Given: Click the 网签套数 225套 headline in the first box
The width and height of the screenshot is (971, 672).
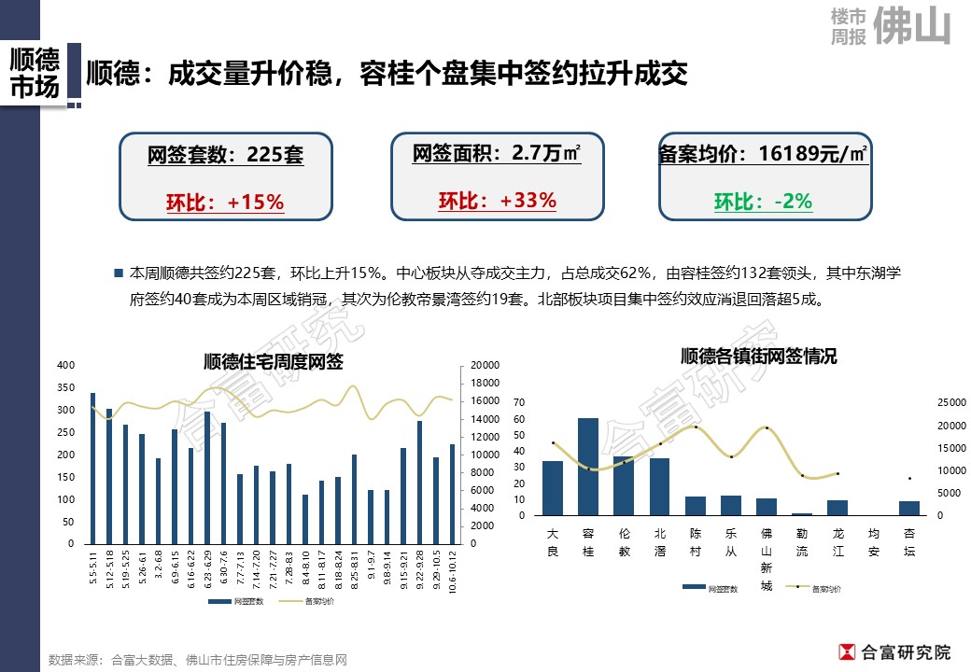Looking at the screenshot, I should click(225, 155).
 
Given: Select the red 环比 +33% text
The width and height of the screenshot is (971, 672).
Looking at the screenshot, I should click(497, 201).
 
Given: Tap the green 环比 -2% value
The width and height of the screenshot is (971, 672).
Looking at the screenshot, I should click(763, 202).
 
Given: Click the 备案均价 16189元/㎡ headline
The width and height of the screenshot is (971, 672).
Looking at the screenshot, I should click(763, 154).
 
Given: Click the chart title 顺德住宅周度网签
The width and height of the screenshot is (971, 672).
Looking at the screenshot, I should click(273, 362).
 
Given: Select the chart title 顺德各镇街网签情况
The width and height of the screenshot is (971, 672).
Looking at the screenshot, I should click(758, 357).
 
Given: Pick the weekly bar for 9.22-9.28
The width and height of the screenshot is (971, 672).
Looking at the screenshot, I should click(419, 482).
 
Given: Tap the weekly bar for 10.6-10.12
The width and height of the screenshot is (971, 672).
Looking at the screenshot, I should click(452, 494).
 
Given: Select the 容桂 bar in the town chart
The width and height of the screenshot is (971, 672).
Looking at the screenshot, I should click(588, 467).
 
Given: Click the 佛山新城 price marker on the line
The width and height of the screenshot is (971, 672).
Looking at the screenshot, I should click(767, 428).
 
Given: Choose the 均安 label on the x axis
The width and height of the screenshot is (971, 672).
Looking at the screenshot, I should click(873, 541).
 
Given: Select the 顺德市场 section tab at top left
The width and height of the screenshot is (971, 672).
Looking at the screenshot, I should click(34, 74).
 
